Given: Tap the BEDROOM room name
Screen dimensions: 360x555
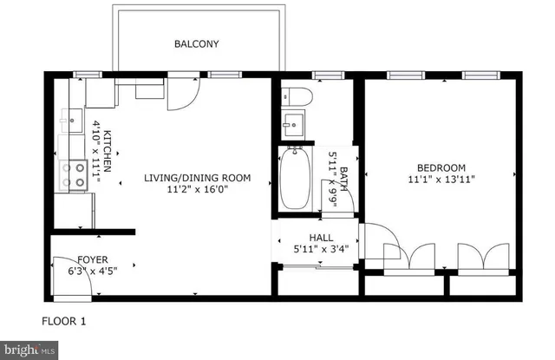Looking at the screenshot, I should [441, 168].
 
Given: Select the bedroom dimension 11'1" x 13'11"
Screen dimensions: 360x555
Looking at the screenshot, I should [441, 180].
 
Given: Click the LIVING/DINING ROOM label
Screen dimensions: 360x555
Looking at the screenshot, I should [197, 178].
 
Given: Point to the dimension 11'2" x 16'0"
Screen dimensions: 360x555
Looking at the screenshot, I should [197, 190].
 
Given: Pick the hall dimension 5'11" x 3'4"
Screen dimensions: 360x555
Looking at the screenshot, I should [321, 250].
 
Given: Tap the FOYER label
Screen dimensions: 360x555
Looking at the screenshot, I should [93, 259].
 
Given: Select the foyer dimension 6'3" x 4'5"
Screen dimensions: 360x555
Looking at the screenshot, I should [93, 270].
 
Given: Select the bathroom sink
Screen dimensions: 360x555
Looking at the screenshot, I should [295, 124].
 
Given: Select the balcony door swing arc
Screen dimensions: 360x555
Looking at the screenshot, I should [183, 95].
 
